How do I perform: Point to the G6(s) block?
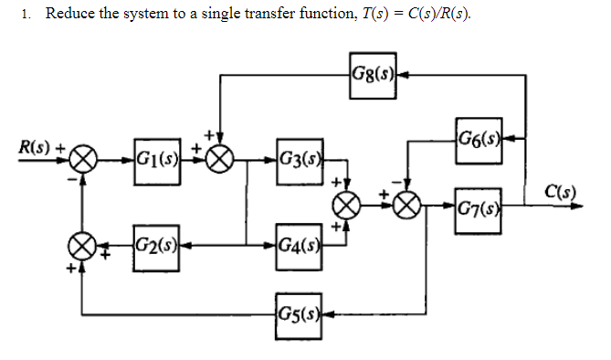pos(475,138)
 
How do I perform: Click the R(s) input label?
pos(35,146)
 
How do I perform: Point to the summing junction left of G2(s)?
pos(83,244)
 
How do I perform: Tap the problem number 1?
pos(27,16)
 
